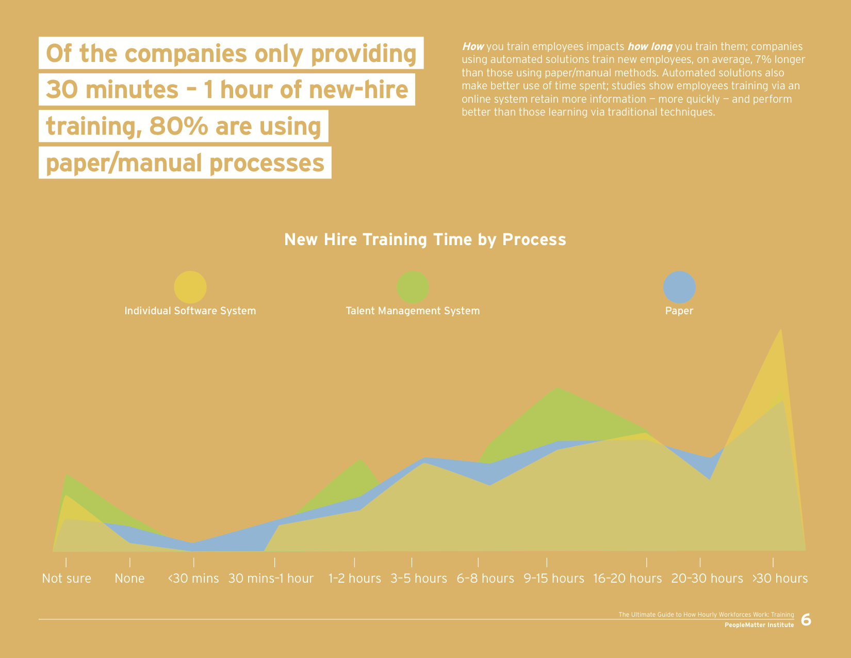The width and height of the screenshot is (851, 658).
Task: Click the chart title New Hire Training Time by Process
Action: pyautogui.click(x=425, y=240)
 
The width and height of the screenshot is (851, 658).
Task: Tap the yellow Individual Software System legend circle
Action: pyautogui.click(x=190, y=287)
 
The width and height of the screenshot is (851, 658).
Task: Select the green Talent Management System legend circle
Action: pyautogui.click(x=413, y=287)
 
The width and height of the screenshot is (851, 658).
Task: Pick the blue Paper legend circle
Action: pyautogui.click(x=679, y=287)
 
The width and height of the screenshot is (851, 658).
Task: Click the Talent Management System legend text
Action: pyautogui.click(x=413, y=311)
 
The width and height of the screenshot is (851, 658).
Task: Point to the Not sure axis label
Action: pyautogui.click(x=67, y=579)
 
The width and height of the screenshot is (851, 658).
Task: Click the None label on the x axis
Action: pyautogui.click(x=129, y=579)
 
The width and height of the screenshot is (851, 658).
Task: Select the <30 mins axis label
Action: pyautogui.click(x=193, y=579)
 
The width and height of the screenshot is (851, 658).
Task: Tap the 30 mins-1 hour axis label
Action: pyautogui.click(x=271, y=579)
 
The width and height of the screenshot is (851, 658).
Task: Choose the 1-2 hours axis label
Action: pyautogui.click(x=354, y=579)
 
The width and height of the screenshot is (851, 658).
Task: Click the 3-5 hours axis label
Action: pyautogui.click(x=419, y=579)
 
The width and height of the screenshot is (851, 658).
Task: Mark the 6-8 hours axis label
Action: pyautogui.click(x=485, y=579)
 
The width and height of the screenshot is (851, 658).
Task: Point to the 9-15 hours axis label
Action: pyautogui.click(x=554, y=579)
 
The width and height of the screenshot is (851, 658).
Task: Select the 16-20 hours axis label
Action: pyautogui.click(x=627, y=579)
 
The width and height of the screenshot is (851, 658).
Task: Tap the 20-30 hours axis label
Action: pyautogui.click(x=707, y=579)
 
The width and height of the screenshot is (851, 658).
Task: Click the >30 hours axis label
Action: pyautogui.click(x=780, y=579)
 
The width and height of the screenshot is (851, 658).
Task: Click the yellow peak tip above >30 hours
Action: pyautogui.click(x=781, y=329)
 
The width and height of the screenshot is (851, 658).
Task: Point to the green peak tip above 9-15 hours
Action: pyautogui.click(x=558, y=388)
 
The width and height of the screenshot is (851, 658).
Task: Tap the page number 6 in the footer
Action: pyautogui.click(x=806, y=620)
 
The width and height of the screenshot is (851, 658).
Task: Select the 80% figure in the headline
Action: pyautogui.click(x=178, y=126)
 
